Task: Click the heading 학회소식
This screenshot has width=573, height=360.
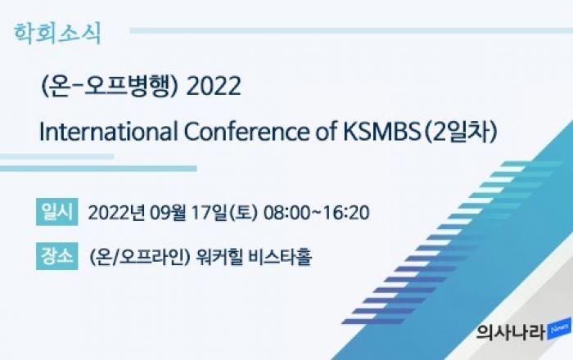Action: (x=57, y=34)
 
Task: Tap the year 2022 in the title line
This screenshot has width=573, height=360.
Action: (x=214, y=86)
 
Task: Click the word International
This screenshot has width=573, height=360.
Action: (x=108, y=132)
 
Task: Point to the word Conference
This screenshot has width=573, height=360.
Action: (x=246, y=132)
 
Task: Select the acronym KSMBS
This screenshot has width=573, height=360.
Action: (x=382, y=132)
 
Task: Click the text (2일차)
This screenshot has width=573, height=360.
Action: (x=460, y=132)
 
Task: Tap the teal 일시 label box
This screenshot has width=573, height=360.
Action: (x=57, y=212)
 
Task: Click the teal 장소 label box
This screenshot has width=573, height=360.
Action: (x=57, y=256)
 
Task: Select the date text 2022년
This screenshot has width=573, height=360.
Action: (x=116, y=213)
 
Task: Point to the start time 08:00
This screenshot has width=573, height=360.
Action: (x=286, y=213)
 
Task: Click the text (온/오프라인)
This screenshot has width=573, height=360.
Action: (x=140, y=257)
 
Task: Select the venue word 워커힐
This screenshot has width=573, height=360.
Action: (x=219, y=257)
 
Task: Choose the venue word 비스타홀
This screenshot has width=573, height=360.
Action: (x=280, y=257)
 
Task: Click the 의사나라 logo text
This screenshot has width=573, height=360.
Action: (x=511, y=332)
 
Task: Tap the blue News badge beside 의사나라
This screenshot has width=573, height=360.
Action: (x=559, y=330)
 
